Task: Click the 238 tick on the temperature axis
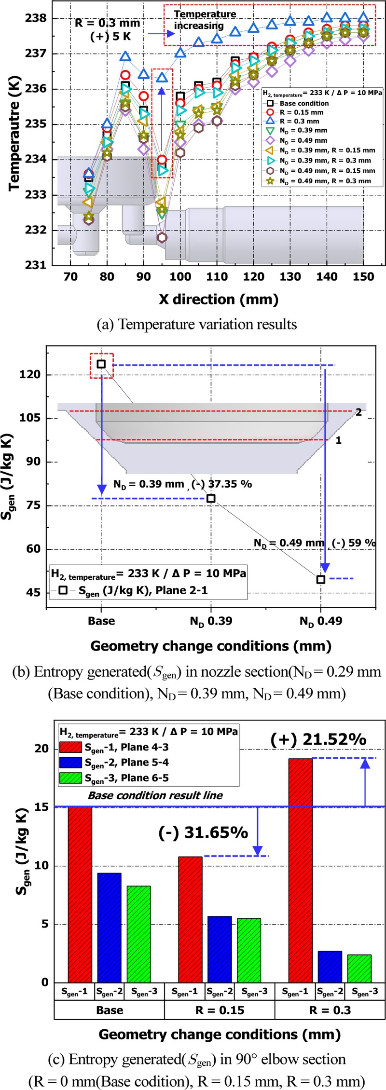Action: [x=36, y=18]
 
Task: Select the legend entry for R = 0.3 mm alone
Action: [x=299, y=121]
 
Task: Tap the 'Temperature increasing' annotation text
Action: [x=205, y=20]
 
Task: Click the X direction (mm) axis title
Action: [x=219, y=300]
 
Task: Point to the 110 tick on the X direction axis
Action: [x=217, y=277]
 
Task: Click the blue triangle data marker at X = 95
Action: [x=162, y=77]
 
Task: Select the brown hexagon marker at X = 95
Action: [x=162, y=237]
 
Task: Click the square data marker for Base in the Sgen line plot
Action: [x=101, y=364]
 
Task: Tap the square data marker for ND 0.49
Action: [x=321, y=579]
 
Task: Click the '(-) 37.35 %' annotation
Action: [x=221, y=484]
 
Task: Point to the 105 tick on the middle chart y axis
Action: [x=29, y=418]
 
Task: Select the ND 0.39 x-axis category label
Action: [x=211, y=621]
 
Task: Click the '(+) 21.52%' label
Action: [x=318, y=739]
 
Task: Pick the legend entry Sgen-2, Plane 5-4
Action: [x=126, y=763]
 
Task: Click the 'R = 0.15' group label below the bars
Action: [x=220, y=1010]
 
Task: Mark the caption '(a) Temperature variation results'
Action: [x=197, y=324]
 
